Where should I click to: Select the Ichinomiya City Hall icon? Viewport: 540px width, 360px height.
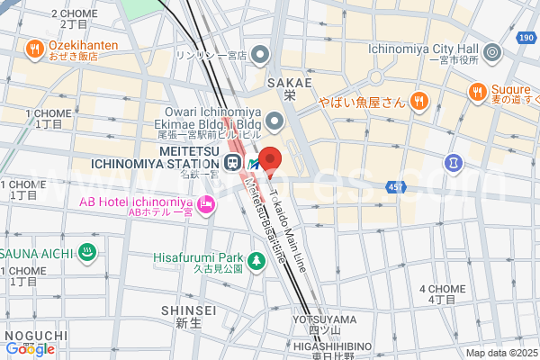[491, 54]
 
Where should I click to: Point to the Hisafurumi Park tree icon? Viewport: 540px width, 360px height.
[256, 261]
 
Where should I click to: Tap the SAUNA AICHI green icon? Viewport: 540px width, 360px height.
[87, 253]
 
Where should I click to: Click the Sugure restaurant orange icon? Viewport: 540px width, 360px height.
[477, 91]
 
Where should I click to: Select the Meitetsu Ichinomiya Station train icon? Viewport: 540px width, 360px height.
[232, 163]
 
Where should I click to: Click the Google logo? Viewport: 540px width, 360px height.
[29, 348]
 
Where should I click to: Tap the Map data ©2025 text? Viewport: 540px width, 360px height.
[499, 353]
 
